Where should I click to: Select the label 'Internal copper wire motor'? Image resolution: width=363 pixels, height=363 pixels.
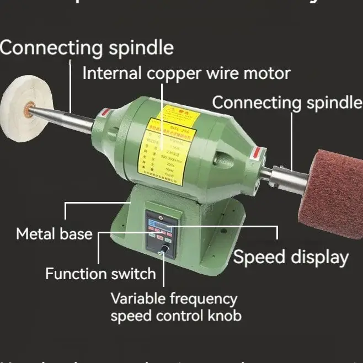186,73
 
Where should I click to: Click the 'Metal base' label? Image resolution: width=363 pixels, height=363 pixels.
54,234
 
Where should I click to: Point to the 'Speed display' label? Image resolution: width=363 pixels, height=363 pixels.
291,257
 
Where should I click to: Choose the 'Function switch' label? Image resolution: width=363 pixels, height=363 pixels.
100,273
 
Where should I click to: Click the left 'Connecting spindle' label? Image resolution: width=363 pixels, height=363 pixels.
87,47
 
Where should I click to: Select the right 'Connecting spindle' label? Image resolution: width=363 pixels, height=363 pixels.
287,103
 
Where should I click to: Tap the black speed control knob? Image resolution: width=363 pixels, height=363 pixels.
164,253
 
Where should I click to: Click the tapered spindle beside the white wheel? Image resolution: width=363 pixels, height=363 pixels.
66,118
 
